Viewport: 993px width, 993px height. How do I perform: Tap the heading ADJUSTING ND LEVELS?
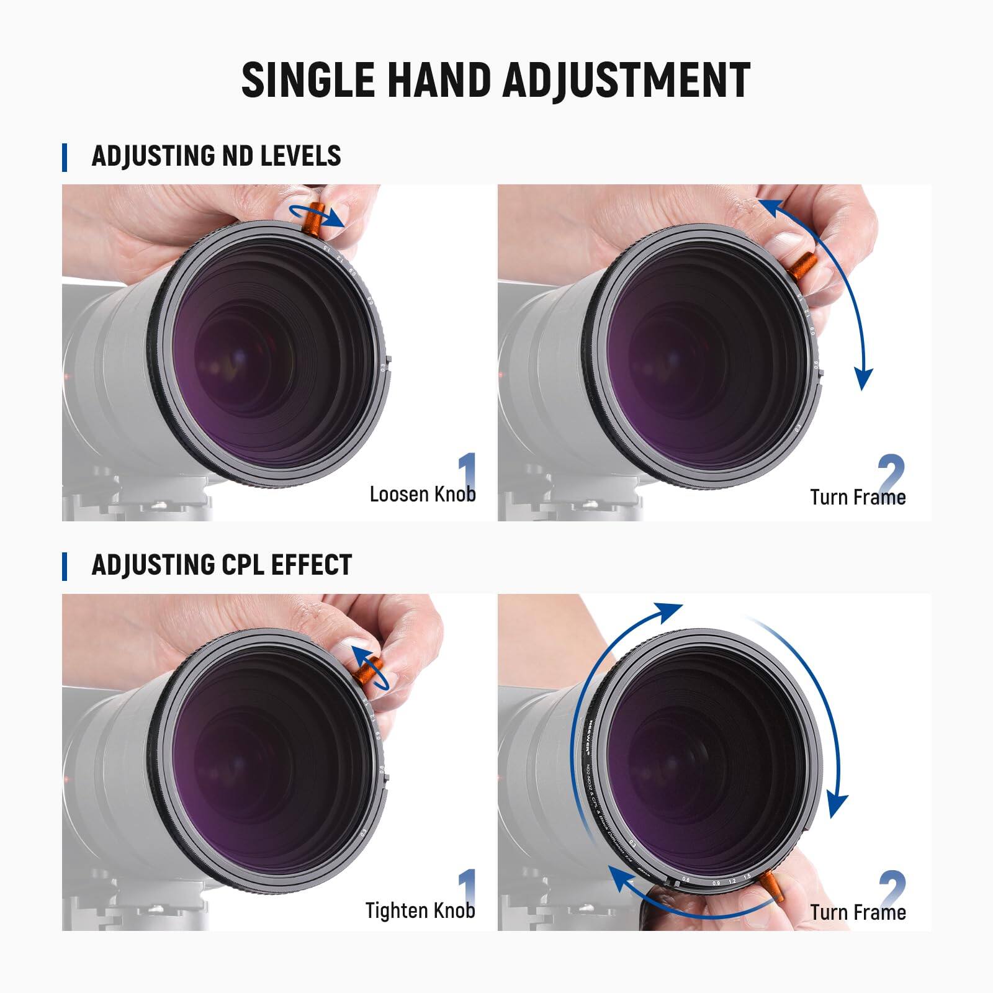(216, 156)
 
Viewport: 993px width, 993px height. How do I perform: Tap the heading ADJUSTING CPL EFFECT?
(222, 565)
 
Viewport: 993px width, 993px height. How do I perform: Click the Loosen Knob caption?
(422, 495)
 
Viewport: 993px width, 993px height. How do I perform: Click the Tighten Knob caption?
(420, 910)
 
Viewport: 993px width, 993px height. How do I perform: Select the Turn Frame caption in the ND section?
(858, 497)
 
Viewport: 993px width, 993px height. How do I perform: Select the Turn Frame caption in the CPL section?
(858, 912)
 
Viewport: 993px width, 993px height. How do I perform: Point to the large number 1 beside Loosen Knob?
(467, 474)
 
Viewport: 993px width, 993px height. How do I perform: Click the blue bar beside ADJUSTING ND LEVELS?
(65, 157)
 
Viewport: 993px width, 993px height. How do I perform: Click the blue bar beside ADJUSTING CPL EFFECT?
(65, 567)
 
